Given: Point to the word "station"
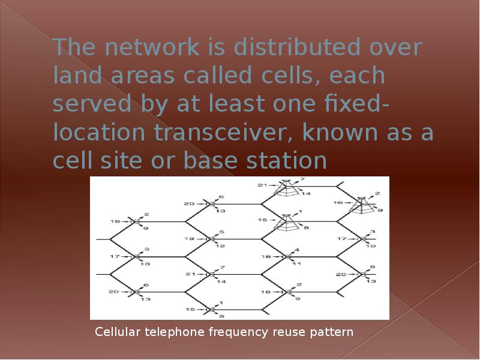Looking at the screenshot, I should click(x=280, y=161).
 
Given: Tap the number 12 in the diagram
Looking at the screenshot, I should click(x=221, y=246).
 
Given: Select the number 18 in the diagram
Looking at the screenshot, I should click(x=266, y=256).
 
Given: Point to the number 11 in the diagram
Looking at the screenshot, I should click(x=296, y=263).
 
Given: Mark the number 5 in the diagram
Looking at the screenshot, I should click(x=221, y=232).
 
